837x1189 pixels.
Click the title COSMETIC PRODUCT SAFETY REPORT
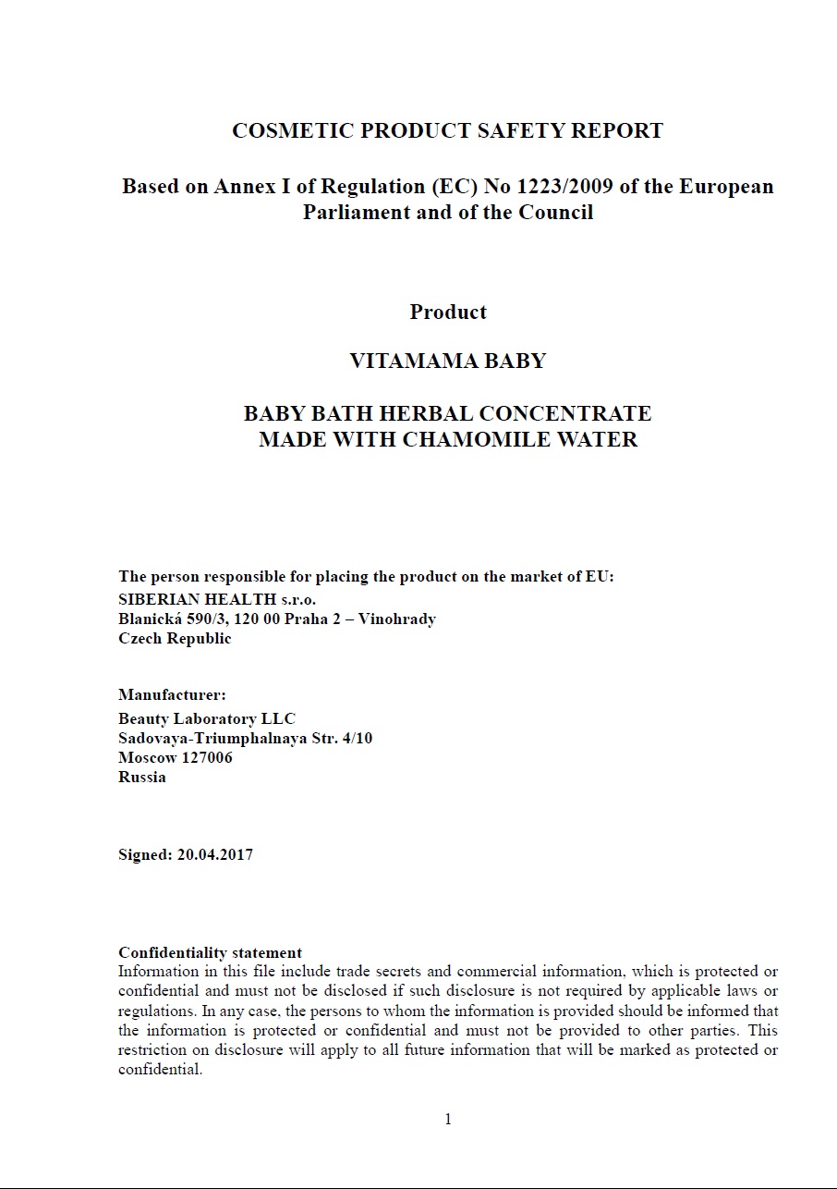pyautogui.click(x=447, y=131)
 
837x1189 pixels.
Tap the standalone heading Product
pyautogui.click(x=448, y=313)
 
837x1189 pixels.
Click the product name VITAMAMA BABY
pyautogui.click(x=448, y=361)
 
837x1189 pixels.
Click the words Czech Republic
pyautogui.click(x=175, y=638)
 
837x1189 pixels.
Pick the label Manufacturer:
pyautogui.click(x=172, y=695)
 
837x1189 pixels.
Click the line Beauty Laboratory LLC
pyautogui.click(x=207, y=718)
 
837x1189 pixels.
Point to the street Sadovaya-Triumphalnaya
pyautogui.click(x=212, y=738)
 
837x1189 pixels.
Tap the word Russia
pyautogui.click(x=142, y=777)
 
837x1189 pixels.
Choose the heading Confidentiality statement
pyautogui.click(x=210, y=952)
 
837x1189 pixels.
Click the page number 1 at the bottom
pyautogui.click(x=448, y=1120)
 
